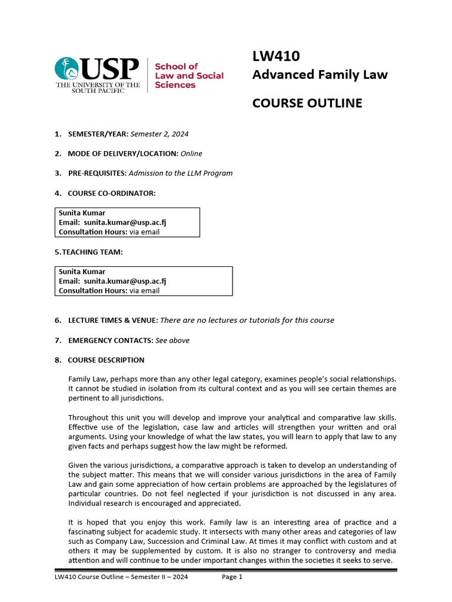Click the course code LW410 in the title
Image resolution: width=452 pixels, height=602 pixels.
click(x=275, y=56)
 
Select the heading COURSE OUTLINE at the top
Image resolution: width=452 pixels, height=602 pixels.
click(x=307, y=103)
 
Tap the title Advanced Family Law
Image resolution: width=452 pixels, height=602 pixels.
click(x=320, y=75)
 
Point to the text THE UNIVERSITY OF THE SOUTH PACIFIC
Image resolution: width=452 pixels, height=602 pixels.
click(x=97, y=88)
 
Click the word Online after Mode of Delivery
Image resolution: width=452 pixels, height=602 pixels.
click(x=191, y=153)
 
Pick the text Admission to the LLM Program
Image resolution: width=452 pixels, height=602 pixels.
click(x=181, y=173)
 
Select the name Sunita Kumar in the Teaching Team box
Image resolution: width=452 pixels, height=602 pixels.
click(x=82, y=272)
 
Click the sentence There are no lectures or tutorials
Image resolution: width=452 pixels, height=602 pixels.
click(x=247, y=320)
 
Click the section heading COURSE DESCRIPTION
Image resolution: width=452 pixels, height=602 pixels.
click(x=106, y=360)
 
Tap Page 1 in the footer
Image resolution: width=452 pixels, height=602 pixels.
click(x=232, y=577)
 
